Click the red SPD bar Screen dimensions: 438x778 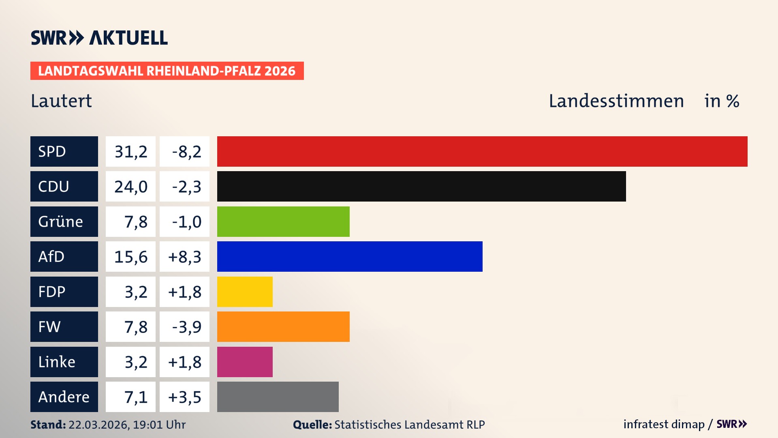(x=482, y=151)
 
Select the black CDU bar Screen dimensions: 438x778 (x=421, y=186)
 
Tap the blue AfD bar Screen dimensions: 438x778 (x=350, y=256)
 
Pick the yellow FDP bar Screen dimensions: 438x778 (x=245, y=292)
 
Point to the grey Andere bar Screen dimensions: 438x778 (x=278, y=397)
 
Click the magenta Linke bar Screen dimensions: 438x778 (x=245, y=362)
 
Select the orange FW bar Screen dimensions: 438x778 (x=283, y=326)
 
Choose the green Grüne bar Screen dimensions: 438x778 (x=283, y=221)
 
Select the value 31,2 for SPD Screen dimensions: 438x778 (x=130, y=151)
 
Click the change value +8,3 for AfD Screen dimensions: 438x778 (x=184, y=256)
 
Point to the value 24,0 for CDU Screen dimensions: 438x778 (x=130, y=186)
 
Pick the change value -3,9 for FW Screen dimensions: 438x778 (x=184, y=326)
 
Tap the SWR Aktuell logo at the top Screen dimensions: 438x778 (x=99, y=38)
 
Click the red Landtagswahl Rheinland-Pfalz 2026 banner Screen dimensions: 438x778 (x=167, y=71)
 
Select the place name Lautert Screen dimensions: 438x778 (x=61, y=101)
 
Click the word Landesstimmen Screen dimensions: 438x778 (x=616, y=101)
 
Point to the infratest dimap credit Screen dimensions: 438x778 (x=664, y=424)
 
